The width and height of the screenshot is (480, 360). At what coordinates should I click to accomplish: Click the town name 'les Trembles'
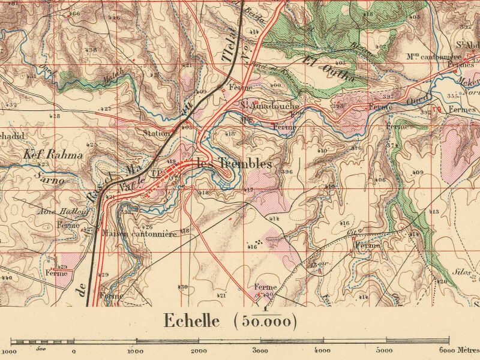(x=234, y=164)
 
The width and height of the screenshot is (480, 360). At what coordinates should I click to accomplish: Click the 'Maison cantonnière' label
(x=139, y=234)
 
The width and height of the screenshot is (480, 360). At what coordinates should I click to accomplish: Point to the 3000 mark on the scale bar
(x=259, y=350)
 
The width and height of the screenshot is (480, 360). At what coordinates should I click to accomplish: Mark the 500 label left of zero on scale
(x=41, y=347)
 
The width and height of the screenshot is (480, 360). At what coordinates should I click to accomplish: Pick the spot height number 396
(x=286, y=172)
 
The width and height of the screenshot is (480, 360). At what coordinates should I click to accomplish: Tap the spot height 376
(x=356, y=148)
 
